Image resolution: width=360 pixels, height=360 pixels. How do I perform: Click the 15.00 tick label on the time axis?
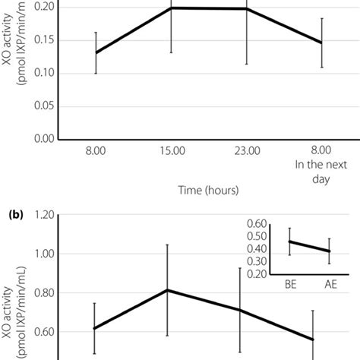pos(172,152)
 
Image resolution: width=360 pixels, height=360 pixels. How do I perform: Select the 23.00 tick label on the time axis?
pos(247,152)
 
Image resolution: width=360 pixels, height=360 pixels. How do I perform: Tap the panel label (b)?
pos(17,215)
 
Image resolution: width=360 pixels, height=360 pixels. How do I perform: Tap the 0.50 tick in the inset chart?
pos(257,236)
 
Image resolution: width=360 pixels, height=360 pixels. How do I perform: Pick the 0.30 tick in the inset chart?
pos(257,261)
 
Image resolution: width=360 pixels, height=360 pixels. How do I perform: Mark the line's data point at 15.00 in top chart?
pos(172,8)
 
